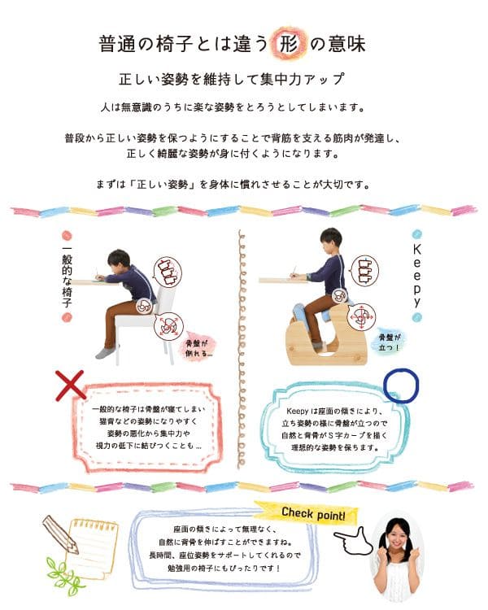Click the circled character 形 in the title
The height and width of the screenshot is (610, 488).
(289, 44)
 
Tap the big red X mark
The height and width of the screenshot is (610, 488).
(70, 386)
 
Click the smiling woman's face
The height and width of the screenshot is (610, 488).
(397, 537)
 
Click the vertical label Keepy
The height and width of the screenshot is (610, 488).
(416, 276)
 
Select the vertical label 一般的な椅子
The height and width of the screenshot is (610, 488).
(67, 277)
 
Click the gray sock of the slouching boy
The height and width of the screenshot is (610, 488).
(106, 351)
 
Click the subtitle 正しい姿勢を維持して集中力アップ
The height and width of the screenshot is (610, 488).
(232, 79)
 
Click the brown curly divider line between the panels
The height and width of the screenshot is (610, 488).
(242, 348)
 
